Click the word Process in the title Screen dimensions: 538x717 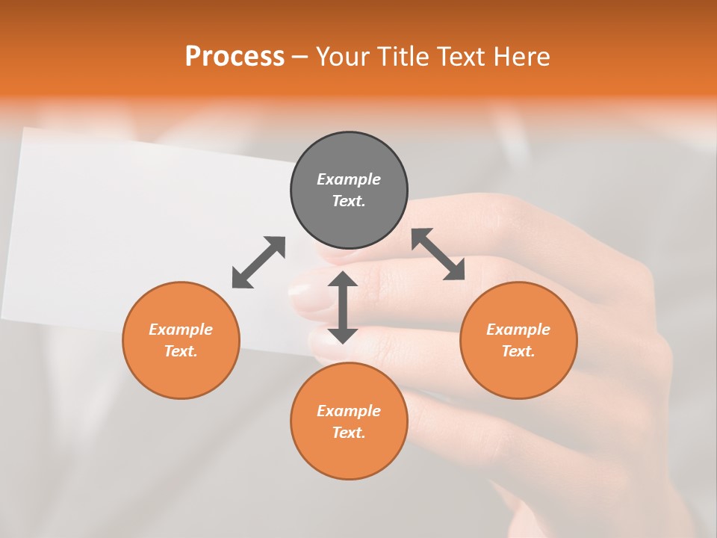coord(235,56)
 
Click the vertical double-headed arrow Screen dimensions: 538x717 coord(343,307)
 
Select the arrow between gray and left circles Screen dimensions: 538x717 coord(258,262)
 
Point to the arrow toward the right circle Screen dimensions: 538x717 coord(438,254)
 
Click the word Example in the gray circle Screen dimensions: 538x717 coord(349,179)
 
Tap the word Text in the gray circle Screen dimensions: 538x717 coord(348,201)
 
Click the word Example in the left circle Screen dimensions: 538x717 coord(181,330)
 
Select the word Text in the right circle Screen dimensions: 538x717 coord(518,351)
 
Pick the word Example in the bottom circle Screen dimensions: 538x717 coord(349,411)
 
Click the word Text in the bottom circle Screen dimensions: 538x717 coord(348,433)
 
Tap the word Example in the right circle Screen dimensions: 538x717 coord(518,330)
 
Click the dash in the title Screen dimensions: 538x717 coord(300,56)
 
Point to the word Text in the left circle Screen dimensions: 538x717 coord(180,351)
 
